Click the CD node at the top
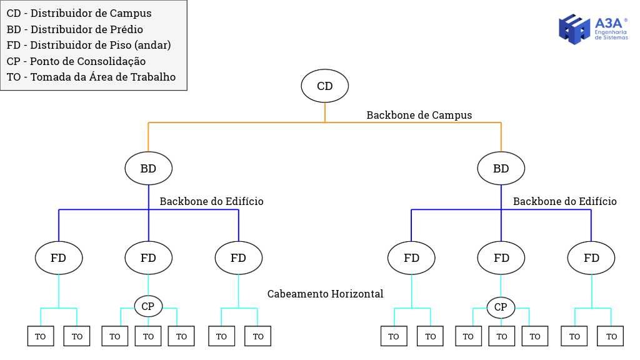pyautogui.click(x=325, y=86)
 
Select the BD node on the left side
pyautogui.click(x=148, y=168)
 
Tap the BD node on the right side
pyautogui.click(x=501, y=168)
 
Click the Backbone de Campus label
pyautogui.click(x=419, y=115)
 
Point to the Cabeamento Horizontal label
pyautogui.click(x=325, y=294)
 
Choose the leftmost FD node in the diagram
pyautogui.click(x=59, y=258)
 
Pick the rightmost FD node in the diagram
pyautogui.click(x=591, y=258)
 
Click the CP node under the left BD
pyautogui.click(x=148, y=306)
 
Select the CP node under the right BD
pyautogui.click(x=501, y=307)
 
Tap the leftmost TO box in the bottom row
pyautogui.click(x=41, y=336)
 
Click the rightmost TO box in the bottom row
pyautogui.click(x=611, y=336)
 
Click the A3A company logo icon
pyautogui.click(x=574, y=29)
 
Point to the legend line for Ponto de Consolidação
pyautogui.click(x=76, y=61)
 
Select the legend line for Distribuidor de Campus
pyautogui.click(x=79, y=13)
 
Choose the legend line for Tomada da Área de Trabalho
pyautogui.click(x=91, y=77)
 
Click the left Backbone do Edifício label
pyautogui.click(x=211, y=201)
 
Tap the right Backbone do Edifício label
pyautogui.click(x=564, y=201)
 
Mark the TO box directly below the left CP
pyautogui.click(x=148, y=336)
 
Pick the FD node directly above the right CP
pyautogui.click(x=501, y=258)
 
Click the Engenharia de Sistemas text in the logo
pyautogui.click(x=611, y=35)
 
